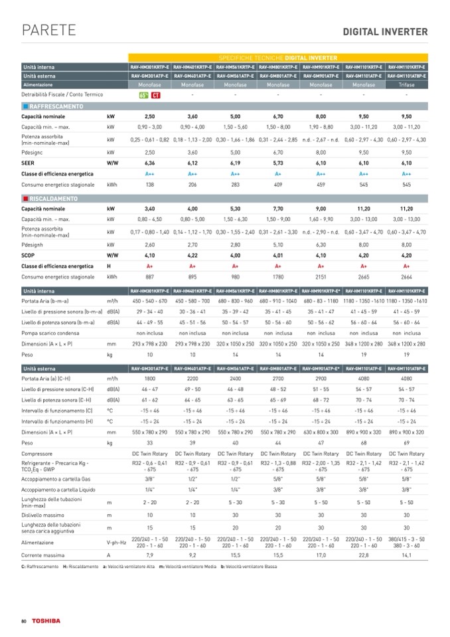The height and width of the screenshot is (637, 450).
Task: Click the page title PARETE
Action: (48, 31)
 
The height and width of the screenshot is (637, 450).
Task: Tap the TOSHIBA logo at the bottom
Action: (47, 620)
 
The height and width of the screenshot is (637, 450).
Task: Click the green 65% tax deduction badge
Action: (143, 96)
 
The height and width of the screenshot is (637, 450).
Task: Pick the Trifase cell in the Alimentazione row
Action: (406, 86)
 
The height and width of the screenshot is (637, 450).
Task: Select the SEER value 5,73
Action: (278, 162)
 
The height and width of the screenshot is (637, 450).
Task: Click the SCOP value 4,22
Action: (192, 254)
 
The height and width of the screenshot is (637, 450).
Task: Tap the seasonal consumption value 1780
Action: (278, 276)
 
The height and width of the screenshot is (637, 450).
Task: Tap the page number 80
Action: (23, 620)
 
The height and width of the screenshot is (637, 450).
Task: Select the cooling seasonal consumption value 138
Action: (149, 183)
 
